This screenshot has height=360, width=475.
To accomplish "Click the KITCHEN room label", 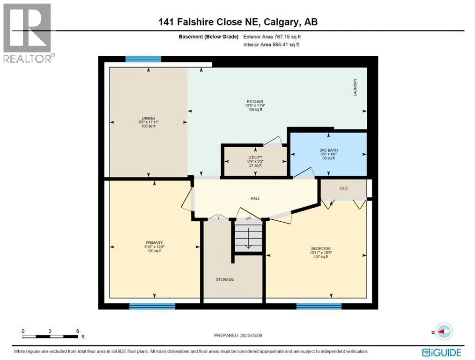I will point(255,101).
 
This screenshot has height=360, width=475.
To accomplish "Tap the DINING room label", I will point(148,118).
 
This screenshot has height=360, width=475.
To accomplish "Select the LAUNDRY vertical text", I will point(356,88).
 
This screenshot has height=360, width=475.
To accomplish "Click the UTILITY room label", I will point(255,157).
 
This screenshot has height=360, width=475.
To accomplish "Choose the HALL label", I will point(255,198).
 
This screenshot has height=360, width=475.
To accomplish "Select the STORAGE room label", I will point(225,279).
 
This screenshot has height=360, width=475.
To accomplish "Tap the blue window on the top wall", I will point(143,59).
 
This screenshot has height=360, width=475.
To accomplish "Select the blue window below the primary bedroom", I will point(152,306).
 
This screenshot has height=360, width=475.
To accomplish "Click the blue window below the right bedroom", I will point(315,306).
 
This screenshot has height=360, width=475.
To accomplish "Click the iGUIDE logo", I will point(442,352).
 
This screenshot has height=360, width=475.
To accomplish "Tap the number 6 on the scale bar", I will point(77,330).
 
